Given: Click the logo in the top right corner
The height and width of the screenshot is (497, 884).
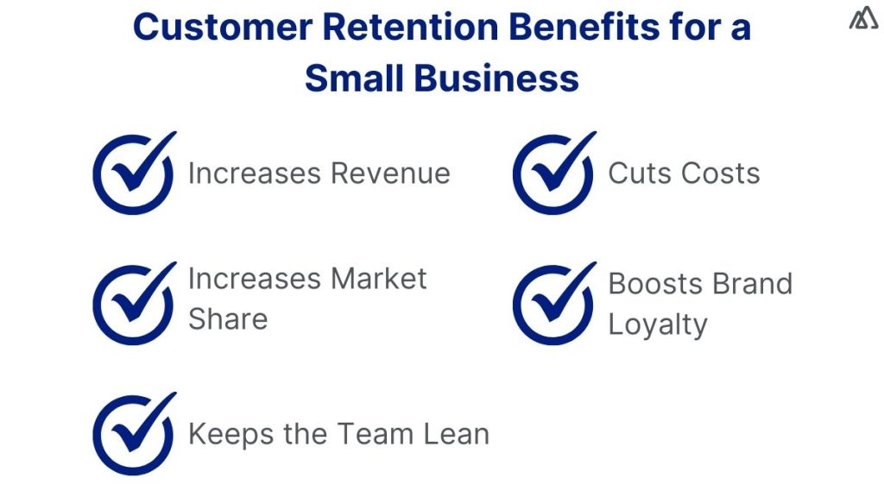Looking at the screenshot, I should [x=863, y=19].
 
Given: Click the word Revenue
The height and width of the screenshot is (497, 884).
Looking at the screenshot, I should [x=391, y=173].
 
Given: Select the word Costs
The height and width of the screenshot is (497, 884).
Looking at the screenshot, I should [x=719, y=173].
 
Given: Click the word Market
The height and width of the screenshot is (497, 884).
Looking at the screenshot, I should [x=379, y=279].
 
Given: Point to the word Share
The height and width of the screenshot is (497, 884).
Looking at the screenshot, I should [x=228, y=319].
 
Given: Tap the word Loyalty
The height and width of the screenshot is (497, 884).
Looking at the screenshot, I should [x=658, y=325].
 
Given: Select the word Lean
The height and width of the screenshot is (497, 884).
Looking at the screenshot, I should [x=453, y=434].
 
